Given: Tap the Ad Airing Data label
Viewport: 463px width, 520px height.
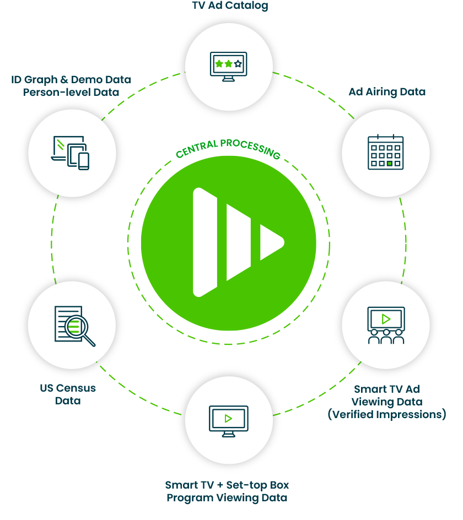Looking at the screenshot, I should pos(386,92).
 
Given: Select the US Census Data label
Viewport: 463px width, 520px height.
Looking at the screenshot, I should pos(68,394).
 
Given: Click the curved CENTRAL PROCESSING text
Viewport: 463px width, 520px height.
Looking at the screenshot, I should pos(228,149).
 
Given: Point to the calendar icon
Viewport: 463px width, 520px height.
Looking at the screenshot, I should pos(385,153).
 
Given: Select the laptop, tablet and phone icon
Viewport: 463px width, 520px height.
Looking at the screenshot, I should pos(71,153).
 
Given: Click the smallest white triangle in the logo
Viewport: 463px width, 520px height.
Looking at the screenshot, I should pos(271,242).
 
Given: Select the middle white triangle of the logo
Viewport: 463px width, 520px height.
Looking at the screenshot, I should pos(238,242).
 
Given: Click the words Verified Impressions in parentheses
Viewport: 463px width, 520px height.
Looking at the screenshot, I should pos(386,415).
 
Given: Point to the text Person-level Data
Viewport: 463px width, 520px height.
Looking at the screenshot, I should pos(71,92).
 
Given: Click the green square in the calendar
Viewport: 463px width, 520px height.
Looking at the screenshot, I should pos(390,164).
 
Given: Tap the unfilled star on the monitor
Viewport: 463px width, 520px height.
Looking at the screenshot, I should pos(238,64).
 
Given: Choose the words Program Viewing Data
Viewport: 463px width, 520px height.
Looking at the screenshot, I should pos(227,498).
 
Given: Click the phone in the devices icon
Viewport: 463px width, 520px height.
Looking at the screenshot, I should pos(83,161).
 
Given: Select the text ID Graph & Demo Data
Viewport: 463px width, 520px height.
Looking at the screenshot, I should pos(71,80).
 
